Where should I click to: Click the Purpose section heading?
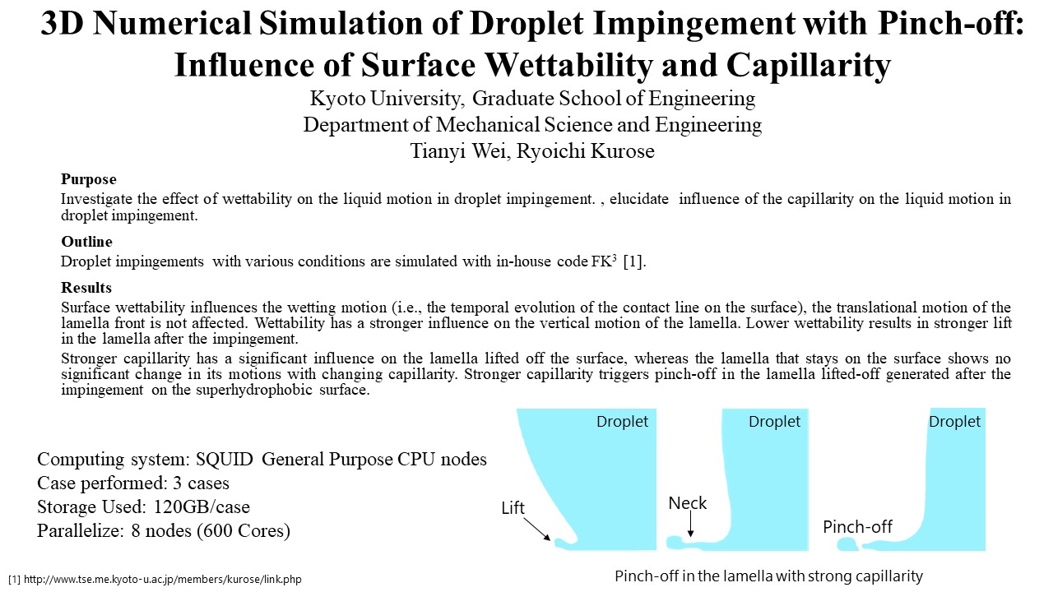click(x=88, y=179)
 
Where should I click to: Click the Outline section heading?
click(x=86, y=242)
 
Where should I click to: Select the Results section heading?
click(x=86, y=288)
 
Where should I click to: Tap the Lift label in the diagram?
click(x=513, y=508)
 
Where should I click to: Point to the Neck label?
click(x=687, y=503)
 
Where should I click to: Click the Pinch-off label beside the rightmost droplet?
click(x=857, y=527)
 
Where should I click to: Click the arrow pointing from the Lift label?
click(x=536, y=529)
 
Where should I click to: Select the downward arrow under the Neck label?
click(x=690, y=524)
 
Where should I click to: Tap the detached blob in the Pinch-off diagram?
click(x=847, y=544)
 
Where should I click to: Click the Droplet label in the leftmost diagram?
click(x=622, y=422)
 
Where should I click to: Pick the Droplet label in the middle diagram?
click(x=774, y=422)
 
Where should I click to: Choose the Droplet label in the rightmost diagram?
click(x=954, y=422)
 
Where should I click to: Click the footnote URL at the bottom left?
click(x=163, y=580)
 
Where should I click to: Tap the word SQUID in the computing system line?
click(x=225, y=459)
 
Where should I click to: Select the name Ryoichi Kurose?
click(x=585, y=151)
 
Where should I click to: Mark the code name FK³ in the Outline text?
click(x=604, y=261)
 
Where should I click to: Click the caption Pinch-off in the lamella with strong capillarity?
click(x=768, y=576)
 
